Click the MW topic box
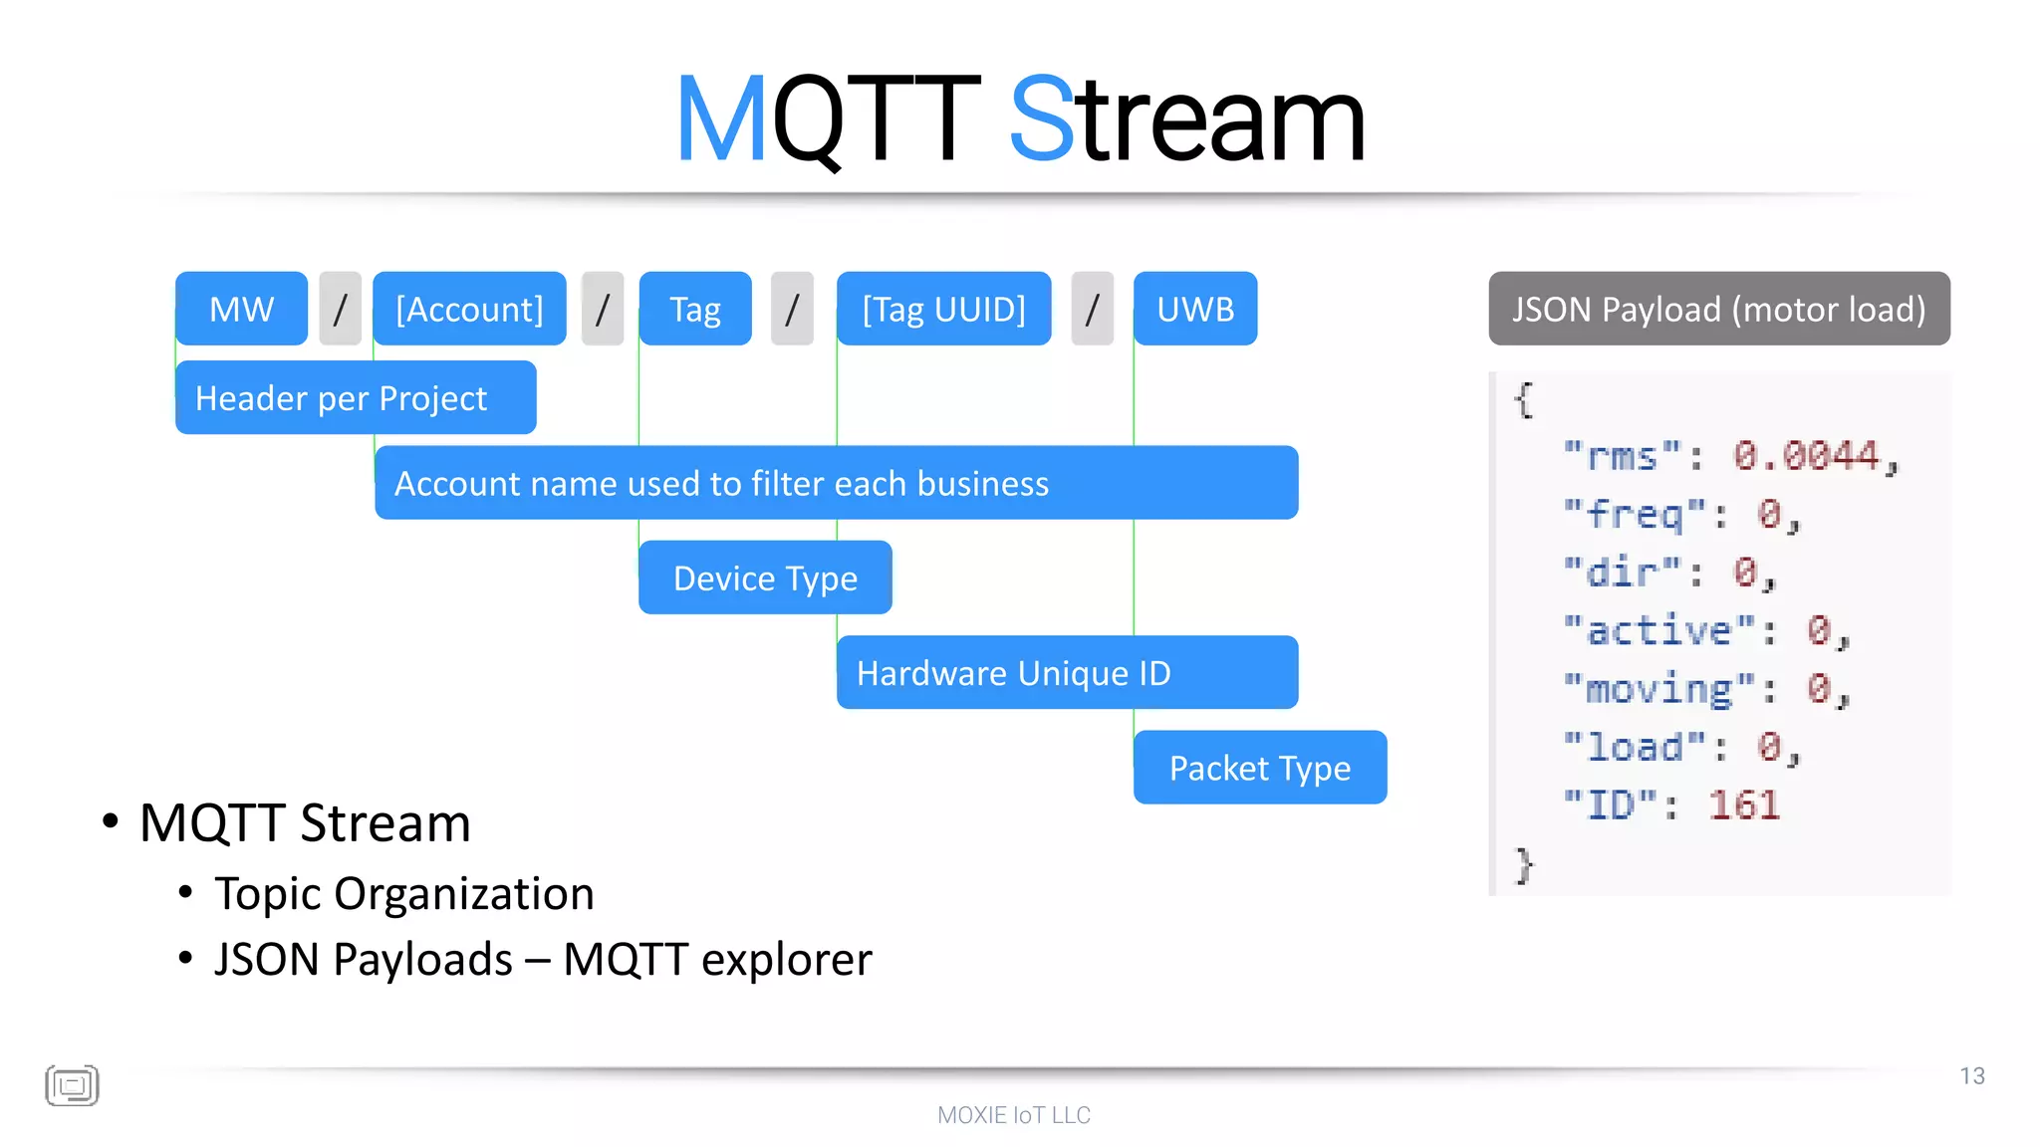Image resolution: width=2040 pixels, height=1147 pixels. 241,309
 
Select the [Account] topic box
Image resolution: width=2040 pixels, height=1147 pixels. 469,309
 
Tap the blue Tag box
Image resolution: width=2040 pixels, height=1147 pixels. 695,309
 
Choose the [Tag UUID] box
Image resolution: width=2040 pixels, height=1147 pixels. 943,309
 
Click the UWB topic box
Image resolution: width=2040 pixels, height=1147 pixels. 1195,309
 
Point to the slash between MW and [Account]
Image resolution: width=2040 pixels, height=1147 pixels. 340,309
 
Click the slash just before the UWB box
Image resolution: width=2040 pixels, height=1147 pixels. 1092,309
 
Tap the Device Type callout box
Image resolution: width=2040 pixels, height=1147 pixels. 765,577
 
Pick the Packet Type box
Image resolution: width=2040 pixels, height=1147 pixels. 1260,768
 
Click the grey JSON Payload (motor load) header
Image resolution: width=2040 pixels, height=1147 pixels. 1718,309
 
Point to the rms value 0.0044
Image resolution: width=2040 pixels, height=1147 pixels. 1806,456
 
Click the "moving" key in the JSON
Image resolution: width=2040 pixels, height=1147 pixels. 1658,688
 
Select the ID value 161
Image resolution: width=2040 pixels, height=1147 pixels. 1743,804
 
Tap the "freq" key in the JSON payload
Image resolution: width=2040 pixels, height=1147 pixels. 1634,514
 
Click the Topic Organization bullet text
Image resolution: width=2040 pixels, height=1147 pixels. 403,893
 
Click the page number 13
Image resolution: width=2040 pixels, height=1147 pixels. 1971,1075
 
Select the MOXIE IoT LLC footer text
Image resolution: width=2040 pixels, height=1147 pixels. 1014,1115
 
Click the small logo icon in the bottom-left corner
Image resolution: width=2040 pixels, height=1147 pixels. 72,1085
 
